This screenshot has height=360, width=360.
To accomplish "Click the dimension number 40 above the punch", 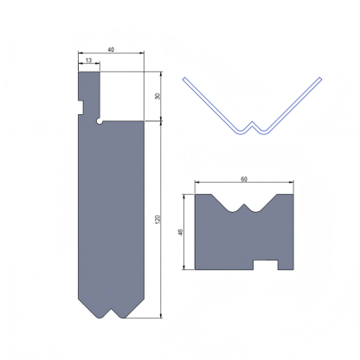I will (x=110, y=49).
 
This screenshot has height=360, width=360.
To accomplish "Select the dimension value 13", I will (x=88, y=60).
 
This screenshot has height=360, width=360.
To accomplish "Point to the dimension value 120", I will (x=157, y=222).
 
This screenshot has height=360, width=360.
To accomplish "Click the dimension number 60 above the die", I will (x=244, y=178).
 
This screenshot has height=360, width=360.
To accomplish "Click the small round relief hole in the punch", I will (x=100, y=122).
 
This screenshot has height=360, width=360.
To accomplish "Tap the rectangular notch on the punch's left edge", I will (x=80, y=107).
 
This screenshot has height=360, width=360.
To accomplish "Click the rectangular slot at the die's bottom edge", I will (x=264, y=264).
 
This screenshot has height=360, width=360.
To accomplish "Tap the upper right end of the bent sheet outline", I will (x=319, y=79).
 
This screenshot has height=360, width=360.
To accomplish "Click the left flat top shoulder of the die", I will (x=207, y=196).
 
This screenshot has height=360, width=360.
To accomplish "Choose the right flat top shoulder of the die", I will (x=286, y=196).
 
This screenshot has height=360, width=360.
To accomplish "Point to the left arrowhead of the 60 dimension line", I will (x=197, y=183).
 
